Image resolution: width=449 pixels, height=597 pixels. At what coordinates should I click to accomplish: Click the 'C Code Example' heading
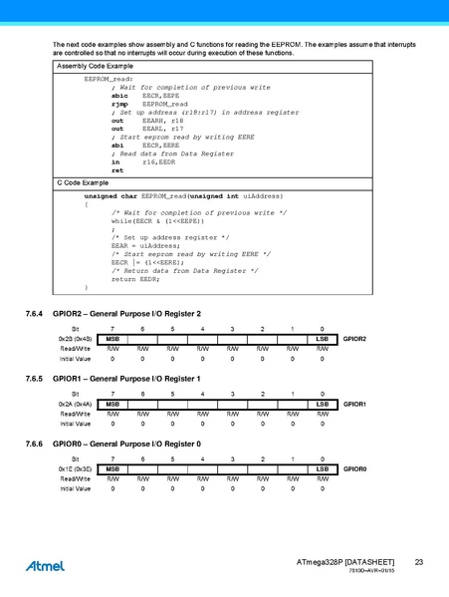[x=82, y=184]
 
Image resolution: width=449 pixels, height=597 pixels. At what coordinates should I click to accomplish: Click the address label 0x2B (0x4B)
[x=76, y=340]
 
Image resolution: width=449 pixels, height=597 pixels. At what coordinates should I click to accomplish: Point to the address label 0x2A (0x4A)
[x=76, y=404]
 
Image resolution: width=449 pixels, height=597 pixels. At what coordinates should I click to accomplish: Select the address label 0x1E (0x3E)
[x=76, y=467]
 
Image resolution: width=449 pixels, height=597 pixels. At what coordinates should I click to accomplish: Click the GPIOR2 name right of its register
[x=355, y=340]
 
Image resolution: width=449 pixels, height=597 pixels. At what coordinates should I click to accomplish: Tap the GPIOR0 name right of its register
[x=355, y=467]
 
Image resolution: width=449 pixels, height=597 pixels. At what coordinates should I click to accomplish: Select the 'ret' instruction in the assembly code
[x=117, y=170]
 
